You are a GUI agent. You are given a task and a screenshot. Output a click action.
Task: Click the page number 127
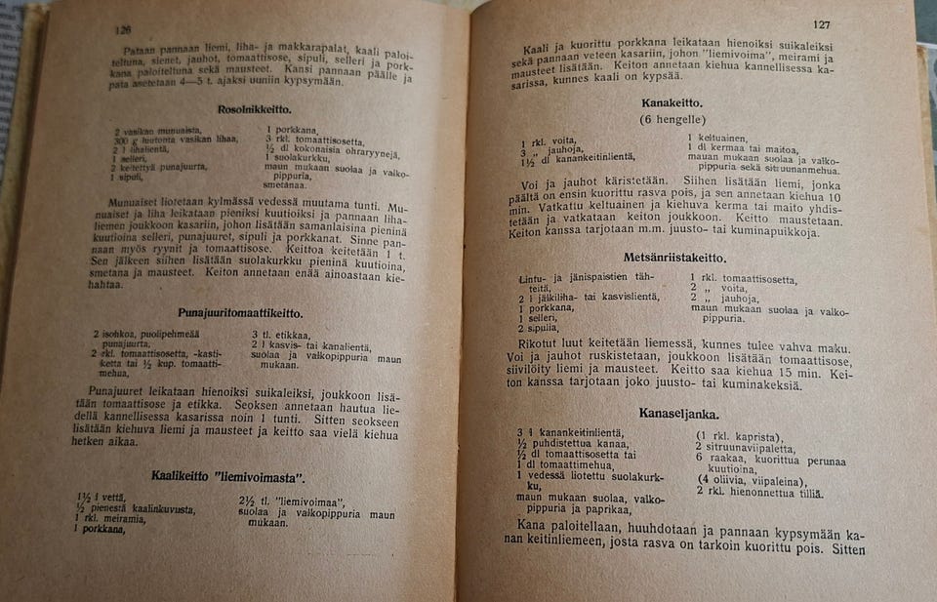tap(820, 23)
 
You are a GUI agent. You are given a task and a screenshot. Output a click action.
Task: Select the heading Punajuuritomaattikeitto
tap(240, 313)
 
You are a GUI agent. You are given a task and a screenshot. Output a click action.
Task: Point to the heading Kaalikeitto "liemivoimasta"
tap(227, 476)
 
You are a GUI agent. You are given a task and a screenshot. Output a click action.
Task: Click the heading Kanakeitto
tap(672, 102)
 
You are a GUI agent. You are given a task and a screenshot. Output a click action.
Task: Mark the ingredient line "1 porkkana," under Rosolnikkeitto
tap(292, 129)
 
